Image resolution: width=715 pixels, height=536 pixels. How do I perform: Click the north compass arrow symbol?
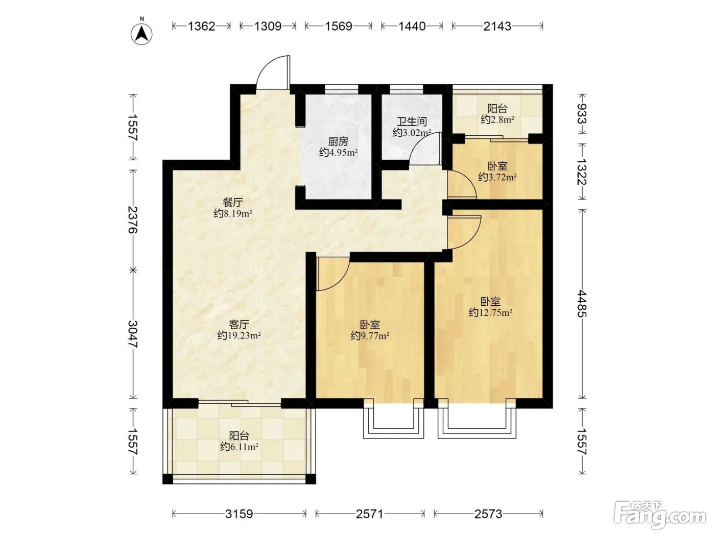click(141, 33)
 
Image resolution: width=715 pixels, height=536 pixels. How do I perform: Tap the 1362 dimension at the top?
click(202, 26)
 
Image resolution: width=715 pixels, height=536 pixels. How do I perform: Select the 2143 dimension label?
click(497, 26)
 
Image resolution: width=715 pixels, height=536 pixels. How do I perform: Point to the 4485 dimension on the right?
click(582, 304)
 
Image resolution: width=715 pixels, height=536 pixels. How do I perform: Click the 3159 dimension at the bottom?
click(239, 514)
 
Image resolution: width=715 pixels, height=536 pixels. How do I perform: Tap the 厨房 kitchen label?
click(338, 141)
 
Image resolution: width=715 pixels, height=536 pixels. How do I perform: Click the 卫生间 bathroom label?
click(412, 121)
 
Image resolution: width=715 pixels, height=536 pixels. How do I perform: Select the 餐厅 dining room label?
click(232, 203)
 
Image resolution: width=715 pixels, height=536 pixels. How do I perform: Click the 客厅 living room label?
click(239, 324)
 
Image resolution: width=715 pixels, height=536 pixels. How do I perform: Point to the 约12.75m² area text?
click(491, 312)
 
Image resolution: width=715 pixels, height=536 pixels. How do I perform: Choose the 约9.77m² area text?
click(370, 335)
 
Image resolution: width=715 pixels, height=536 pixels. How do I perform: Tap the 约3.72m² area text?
click(497, 177)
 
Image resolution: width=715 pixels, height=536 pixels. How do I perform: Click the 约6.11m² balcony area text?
click(239, 447)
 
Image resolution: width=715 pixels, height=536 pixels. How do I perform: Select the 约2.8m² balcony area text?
click(497, 119)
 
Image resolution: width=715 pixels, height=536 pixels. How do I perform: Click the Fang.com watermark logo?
click(660, 516)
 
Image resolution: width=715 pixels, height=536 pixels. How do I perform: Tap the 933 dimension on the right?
click(582, 114)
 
